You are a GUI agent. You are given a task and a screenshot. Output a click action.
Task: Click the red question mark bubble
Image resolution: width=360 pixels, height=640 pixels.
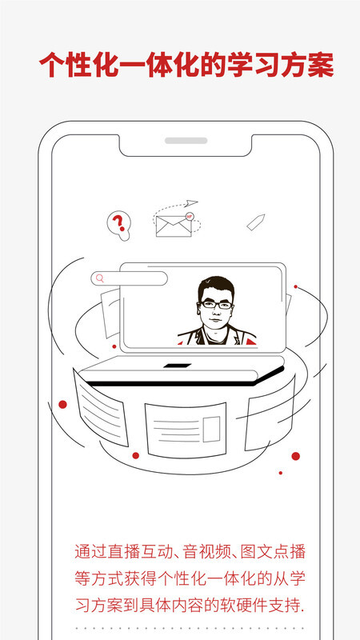tap(118, 224)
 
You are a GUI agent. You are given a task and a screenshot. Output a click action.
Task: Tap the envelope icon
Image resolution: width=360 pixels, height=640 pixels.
tap(174, 226)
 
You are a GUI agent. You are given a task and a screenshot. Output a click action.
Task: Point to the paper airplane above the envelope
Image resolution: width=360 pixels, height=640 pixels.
tap(190, 203)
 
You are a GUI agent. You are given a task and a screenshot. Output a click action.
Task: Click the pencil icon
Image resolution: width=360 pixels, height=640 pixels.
tap(256, 222)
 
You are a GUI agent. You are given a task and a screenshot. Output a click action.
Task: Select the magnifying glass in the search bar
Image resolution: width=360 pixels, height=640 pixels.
tap(99, 278)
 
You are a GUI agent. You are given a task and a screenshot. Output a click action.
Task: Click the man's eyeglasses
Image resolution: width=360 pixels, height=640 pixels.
tap(215, 305)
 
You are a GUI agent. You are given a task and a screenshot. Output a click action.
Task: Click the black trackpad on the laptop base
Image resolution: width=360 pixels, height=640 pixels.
tap(177, 366)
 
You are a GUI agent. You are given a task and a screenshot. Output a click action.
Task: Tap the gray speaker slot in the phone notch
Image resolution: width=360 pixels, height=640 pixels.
tap(186, 141)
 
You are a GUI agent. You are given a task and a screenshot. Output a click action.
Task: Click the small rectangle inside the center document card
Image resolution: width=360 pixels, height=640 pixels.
tap(212, 429)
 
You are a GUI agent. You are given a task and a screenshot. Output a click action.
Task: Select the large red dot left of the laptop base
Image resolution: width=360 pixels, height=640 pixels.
tap(62, 405)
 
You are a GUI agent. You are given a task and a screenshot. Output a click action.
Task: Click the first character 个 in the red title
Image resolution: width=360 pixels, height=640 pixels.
tap(53, 65)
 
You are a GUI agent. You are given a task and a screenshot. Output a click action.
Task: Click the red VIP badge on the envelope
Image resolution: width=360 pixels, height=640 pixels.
tap(190, 216)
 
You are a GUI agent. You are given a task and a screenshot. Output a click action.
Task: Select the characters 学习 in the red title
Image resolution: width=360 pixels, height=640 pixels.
tap(253, 65)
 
